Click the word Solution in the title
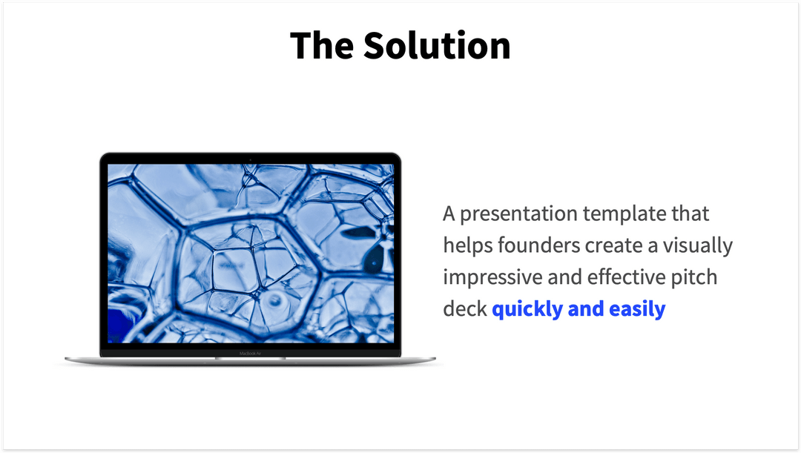tap(436, 46)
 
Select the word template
tap(621, 214)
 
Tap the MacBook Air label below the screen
tap(250, 353)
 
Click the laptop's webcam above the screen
tap(250, 159)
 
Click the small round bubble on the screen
tap(276, 301)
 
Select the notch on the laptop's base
tap(250, 359)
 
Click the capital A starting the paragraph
tap(449, 214)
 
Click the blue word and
tap(585, 309)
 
